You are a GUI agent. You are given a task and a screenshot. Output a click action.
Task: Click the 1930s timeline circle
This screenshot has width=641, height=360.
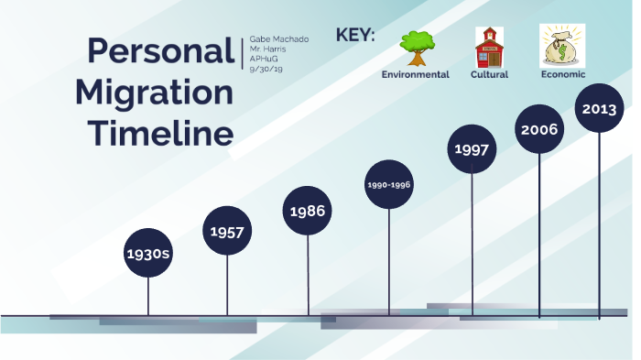pyautogui.click(x=148, y=252)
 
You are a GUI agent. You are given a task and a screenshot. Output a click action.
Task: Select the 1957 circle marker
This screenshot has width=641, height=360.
pyautogui.click(x=227, y=232)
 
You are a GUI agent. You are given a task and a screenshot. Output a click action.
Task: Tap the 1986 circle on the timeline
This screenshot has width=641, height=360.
pyautogui.click(x=308, y=211)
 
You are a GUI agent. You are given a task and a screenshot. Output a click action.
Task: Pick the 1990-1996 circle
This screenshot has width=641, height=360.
pyautogui.click(x=389, y=184)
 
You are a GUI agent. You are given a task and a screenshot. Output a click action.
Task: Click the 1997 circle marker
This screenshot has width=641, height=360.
pyautogui.click(x=472, y=149)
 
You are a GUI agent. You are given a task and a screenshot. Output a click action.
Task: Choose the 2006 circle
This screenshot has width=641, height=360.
pyautogui.click(x=539, y=129)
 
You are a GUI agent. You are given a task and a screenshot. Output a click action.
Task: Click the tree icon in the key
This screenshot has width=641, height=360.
pyautogui.click(x=416, y=48)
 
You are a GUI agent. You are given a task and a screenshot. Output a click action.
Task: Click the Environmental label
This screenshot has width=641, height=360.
pyautogui.click(x=415, y=74)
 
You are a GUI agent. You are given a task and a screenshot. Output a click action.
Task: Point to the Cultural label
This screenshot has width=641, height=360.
pyautogui.click(x=489, y=74)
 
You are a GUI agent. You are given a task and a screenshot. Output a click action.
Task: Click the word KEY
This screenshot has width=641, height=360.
pyautogui.click(x=355, y=36)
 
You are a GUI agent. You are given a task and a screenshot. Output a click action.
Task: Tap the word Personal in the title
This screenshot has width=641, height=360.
pyautogui.click(x=160, y=51)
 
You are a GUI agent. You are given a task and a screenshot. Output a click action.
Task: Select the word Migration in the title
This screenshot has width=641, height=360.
pyautogui.click(x=154, y=93)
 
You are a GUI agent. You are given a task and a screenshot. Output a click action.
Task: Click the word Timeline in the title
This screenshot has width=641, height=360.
pyautogui.click(x=160, y=134)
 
